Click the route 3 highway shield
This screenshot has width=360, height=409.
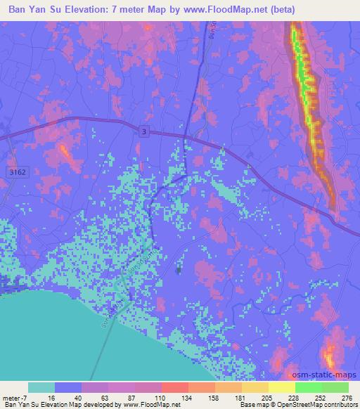tap(143, 132)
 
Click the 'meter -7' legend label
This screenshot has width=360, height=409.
tap(13, 398)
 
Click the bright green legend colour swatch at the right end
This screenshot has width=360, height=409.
tap(335, 387)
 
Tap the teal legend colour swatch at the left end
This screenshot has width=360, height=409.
tap(42, 387)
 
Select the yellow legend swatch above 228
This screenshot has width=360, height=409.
tap(281, 387)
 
